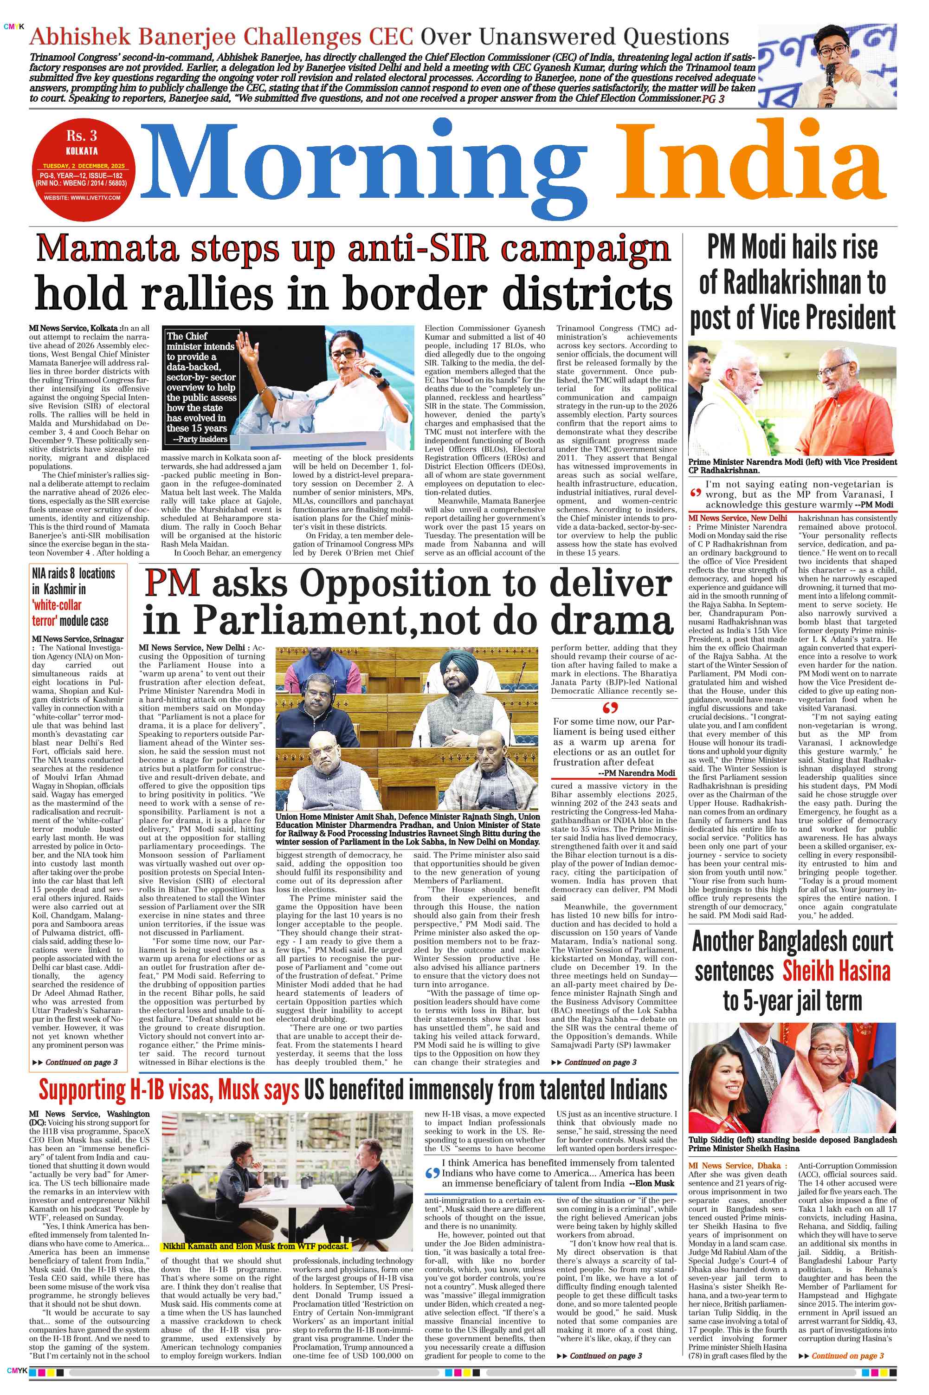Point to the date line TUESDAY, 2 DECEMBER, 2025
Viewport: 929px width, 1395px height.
click(x=84, y=166)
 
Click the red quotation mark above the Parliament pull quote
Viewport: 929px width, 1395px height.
click(x=610, y=708)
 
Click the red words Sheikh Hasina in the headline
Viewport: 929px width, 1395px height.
click(x=836, y=971)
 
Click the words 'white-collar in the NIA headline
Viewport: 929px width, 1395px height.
click(x=57, y=605)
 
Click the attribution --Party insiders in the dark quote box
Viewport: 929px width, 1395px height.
click(x=200, y=439)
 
